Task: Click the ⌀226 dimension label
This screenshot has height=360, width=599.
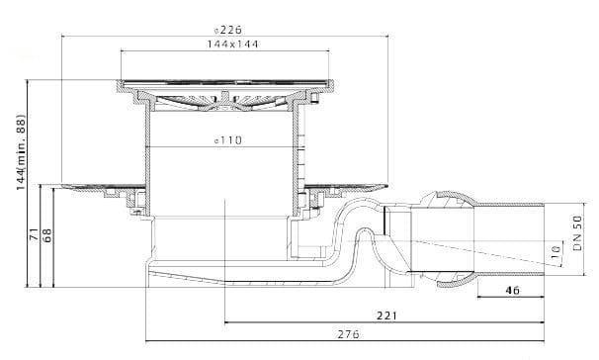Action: (228, 30)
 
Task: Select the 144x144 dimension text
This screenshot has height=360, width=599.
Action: (232, 44)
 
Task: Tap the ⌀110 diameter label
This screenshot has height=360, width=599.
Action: (228, 140)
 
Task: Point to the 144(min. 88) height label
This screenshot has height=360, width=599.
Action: (21, 152)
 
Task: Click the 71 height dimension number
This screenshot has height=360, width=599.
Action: (34, 233)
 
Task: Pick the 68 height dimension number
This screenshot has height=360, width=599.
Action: (47, 235)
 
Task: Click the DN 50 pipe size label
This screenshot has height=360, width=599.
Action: (578, 233)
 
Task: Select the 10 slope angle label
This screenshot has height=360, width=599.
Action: (556, 250)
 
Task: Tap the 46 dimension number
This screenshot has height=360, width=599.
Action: (512, 291)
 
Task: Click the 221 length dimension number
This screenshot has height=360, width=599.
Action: (387, 315)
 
